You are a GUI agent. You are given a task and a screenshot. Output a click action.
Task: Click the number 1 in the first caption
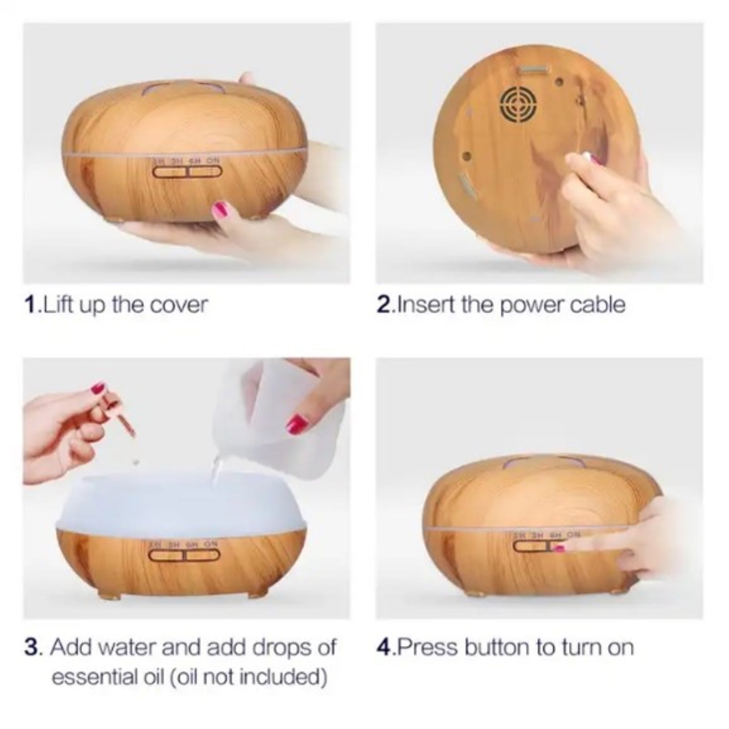(30, 304)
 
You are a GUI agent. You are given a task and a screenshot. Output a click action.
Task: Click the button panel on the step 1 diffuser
(187, 172)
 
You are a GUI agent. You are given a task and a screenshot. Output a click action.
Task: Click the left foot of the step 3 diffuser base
(105, 595)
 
